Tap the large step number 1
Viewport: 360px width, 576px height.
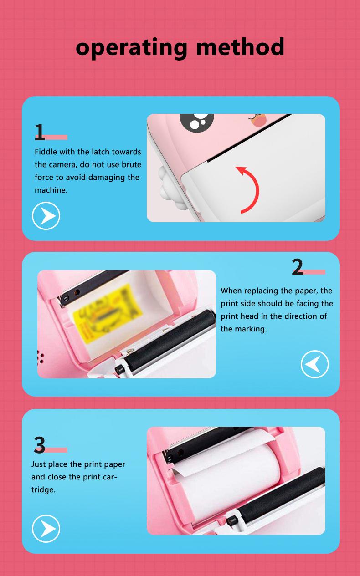click(40, 132)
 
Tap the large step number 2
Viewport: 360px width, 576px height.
click(297, 267)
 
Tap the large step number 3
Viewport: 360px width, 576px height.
click(40, 445)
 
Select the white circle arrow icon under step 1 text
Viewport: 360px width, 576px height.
click(46, 216)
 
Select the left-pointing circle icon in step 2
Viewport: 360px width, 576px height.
click(314, 364)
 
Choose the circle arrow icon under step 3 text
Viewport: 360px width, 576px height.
click(46, 529)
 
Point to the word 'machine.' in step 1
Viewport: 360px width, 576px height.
click(51, 190)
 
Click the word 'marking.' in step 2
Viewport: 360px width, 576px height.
click(250, 329)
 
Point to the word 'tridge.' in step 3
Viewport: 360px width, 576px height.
click(43, 489)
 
